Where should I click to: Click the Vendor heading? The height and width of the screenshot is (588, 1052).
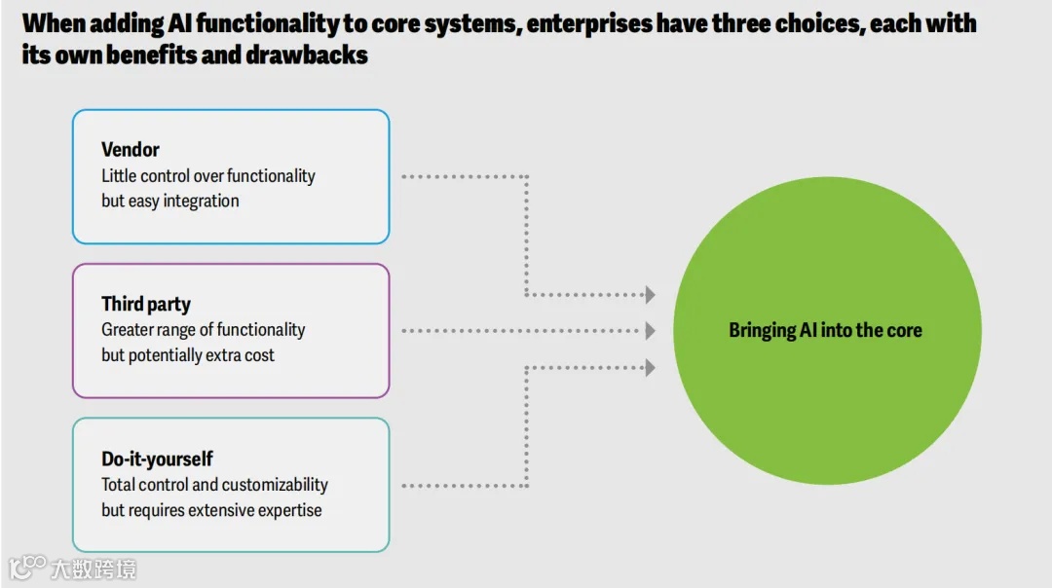tap(130, 150)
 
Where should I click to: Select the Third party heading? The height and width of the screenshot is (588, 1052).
tap(146, 305)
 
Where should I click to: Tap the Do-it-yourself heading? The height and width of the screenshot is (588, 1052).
tap(157, 459)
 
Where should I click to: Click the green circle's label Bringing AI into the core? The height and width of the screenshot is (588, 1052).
tap(825, 331)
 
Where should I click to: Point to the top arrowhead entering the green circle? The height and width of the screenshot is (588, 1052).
tap(650, 295)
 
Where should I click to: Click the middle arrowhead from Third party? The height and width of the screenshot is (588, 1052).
tap(650, 331)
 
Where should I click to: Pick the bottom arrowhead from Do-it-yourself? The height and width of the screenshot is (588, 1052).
tap(650, 368)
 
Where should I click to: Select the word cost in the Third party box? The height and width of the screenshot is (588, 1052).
tap(259, 355)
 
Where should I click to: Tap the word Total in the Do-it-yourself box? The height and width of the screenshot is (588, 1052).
tap(119, 485)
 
